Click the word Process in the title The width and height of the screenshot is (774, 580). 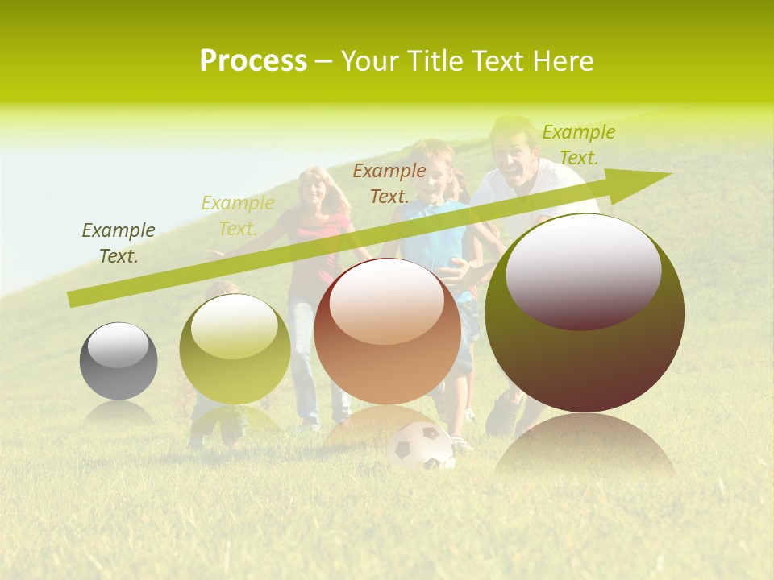point(253,61)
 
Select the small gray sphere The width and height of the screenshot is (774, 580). point(119,361)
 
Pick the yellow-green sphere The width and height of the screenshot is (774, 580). point(235,350)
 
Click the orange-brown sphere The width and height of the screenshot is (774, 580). point(387,331)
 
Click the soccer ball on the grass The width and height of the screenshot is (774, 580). point(420,448)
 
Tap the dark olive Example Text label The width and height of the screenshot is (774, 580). point(119,243)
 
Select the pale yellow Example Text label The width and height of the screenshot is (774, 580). point(238,216)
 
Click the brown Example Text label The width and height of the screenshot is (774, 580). point(389,183)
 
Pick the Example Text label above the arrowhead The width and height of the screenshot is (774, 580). point(578,145)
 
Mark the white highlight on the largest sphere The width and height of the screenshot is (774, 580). point(583,270)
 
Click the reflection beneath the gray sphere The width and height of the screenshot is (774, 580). point(119,412)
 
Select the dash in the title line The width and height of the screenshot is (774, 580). point(324,61)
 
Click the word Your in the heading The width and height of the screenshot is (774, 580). point(370,61)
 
